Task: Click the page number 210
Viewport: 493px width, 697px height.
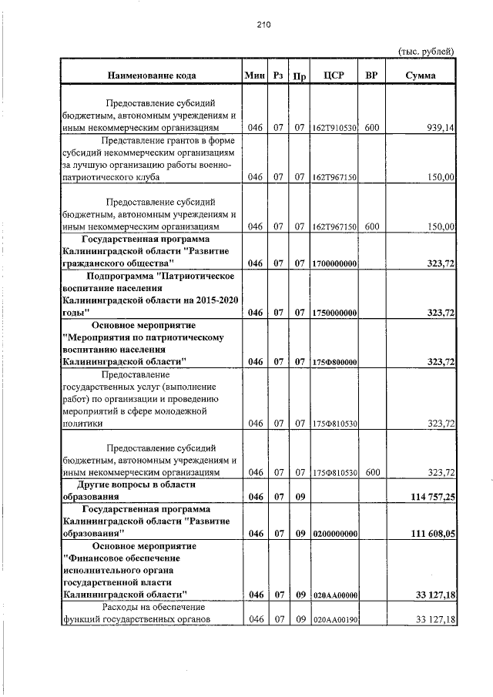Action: point(264,25)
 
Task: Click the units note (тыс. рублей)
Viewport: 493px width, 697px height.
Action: point(426,51)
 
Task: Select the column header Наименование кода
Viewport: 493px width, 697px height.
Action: point(151,75)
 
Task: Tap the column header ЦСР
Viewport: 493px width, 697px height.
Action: point(334,75)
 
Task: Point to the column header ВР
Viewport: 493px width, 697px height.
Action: point(372,75)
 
